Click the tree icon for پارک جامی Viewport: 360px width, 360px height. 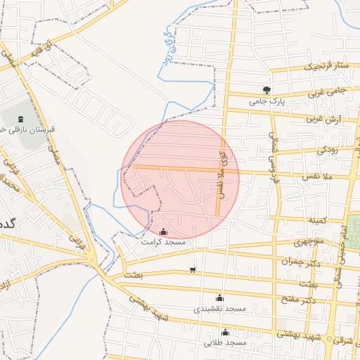pyautogui.click(x=266, y=89)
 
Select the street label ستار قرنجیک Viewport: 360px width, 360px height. pyautogui.click(x=326, y=67)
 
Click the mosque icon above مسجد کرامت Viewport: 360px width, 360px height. pyautogui.click(x=164, y=231)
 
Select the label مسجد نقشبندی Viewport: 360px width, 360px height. pyautogui.click(x=219, y=309)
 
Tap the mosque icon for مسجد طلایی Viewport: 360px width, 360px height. pyautogui.click(x=226, y=332)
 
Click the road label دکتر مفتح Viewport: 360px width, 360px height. pyautogui.click(x=300, y=299)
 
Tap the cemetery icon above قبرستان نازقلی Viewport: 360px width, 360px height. pyautogui.click(x=18, y=118)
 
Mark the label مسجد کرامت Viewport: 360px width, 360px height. pyautogui.click(x=163, y=242)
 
